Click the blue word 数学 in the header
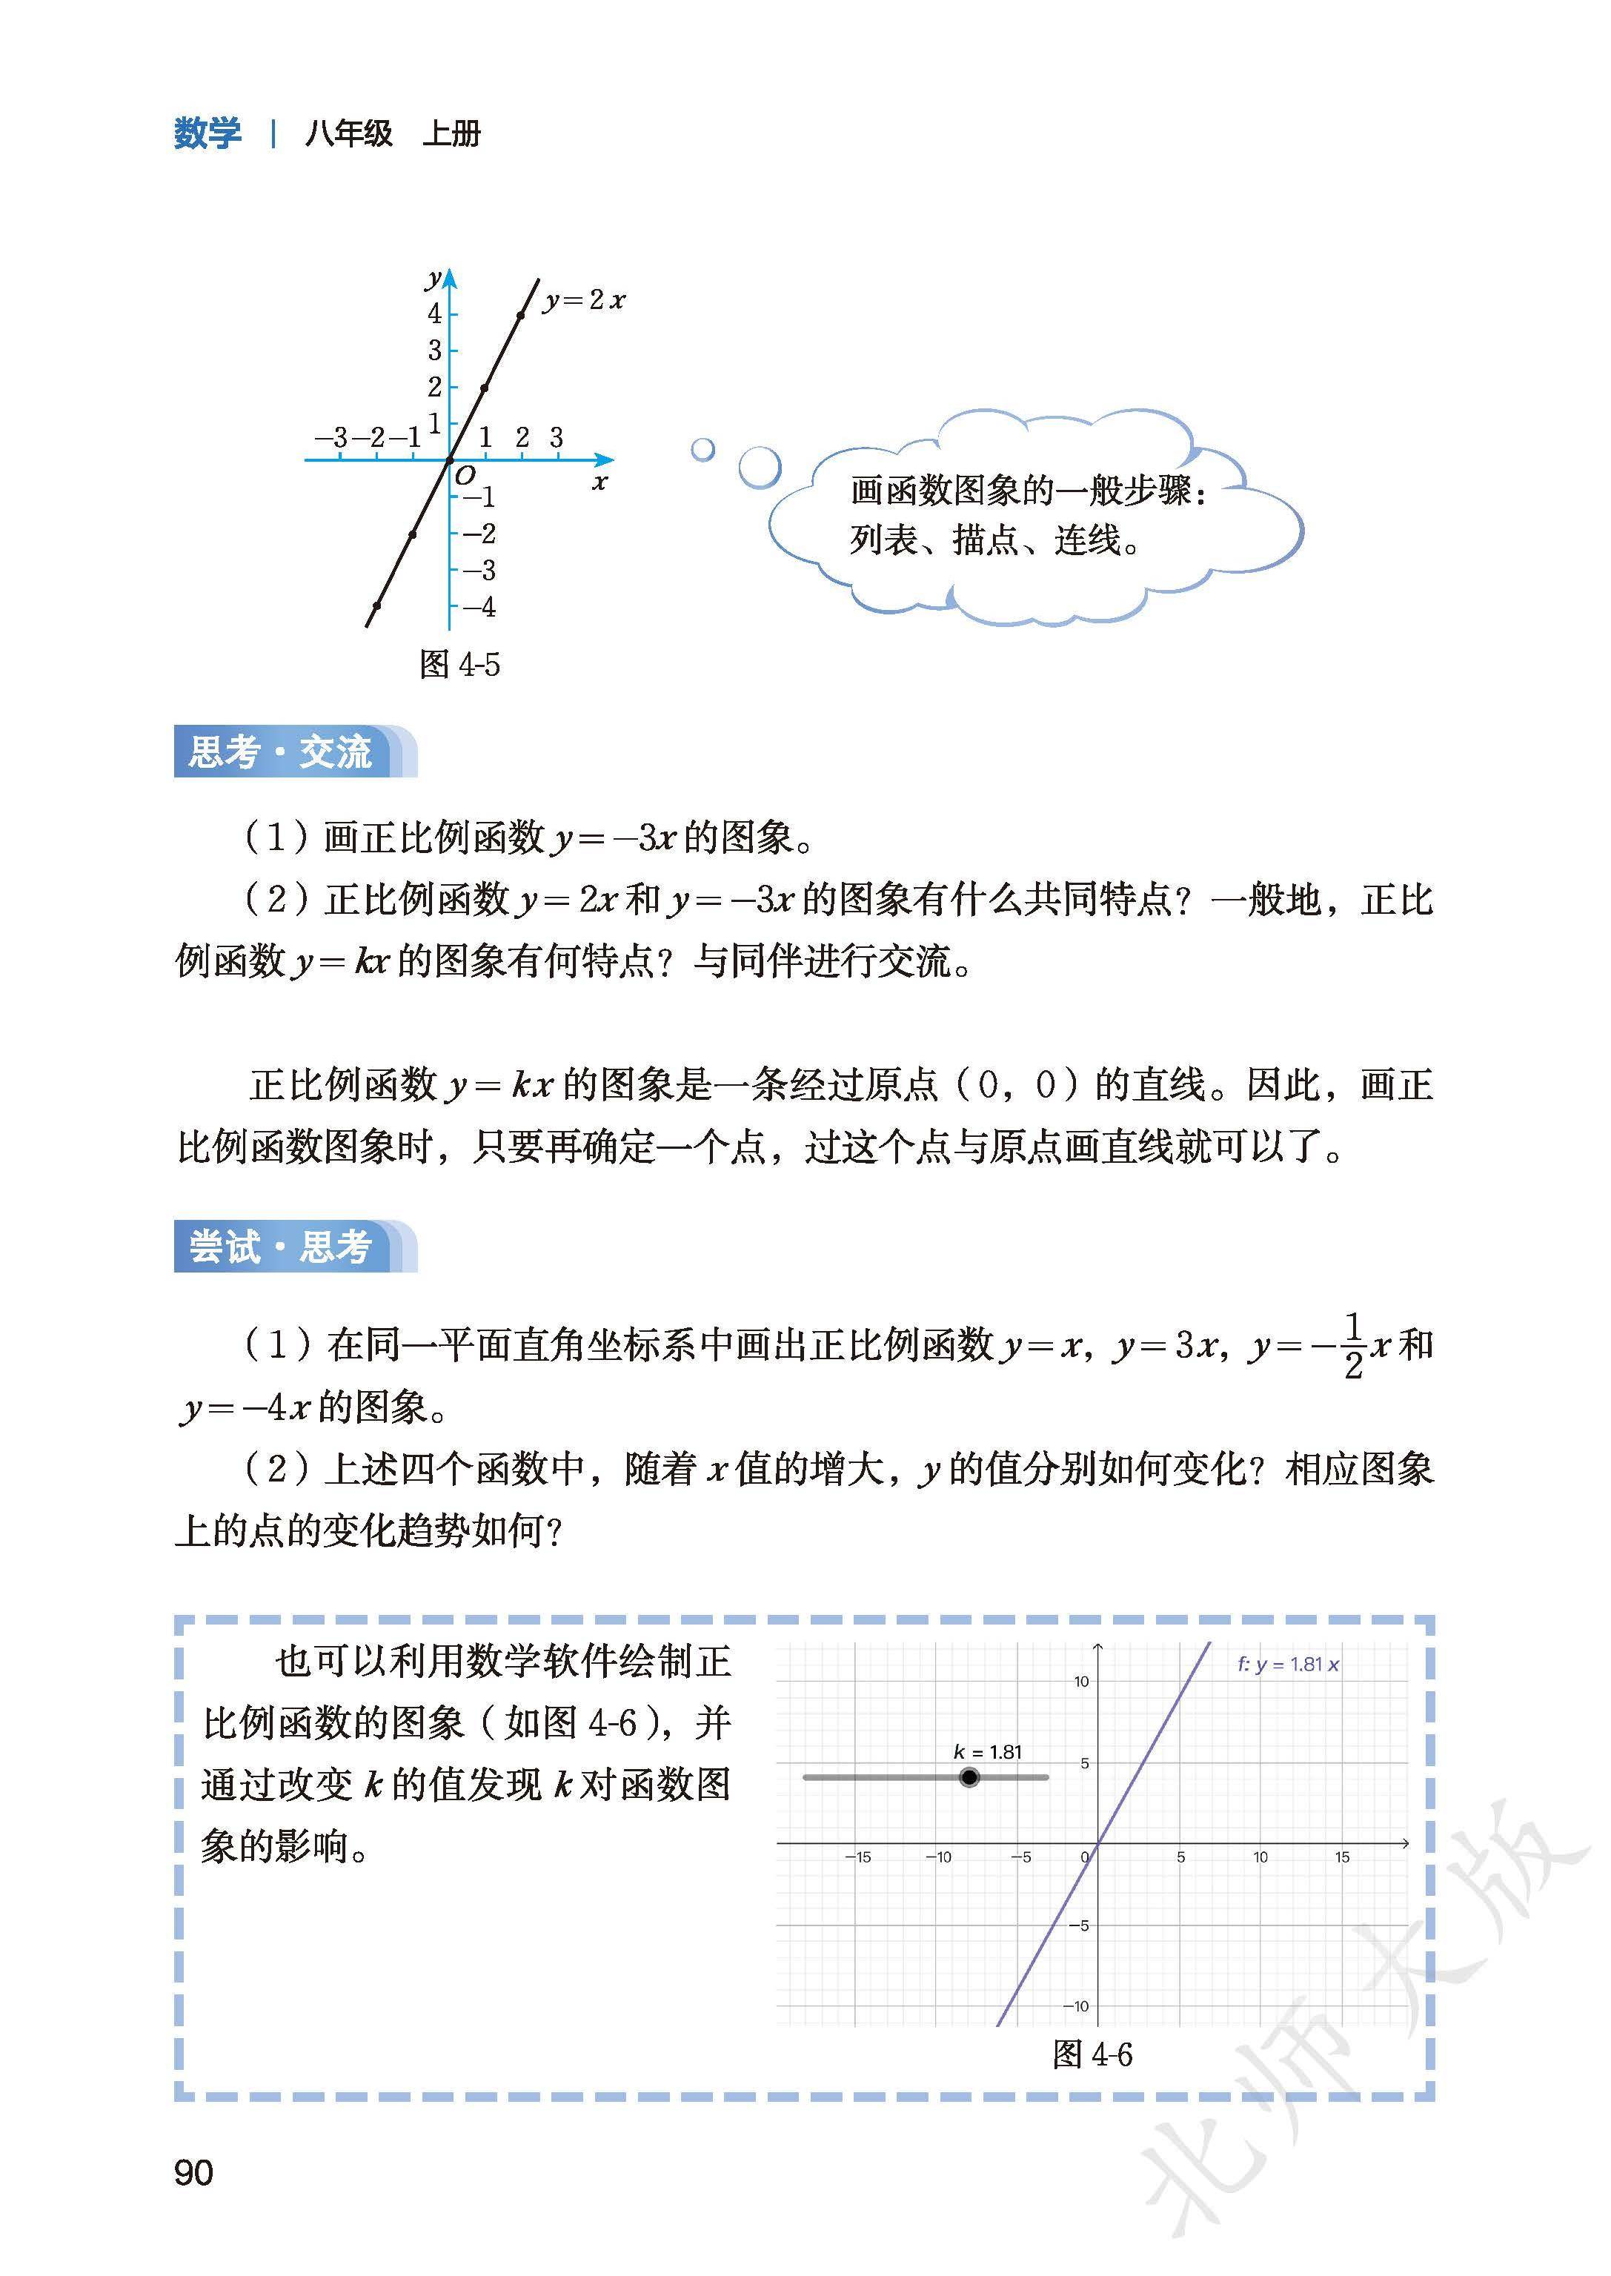(207, 133)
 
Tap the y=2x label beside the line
(584, 299)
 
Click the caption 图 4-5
(459, 664)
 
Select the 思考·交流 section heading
(281, 751)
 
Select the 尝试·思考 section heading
(281, 1246)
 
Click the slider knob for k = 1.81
(969, 1777)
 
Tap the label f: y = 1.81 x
(1288, 1665)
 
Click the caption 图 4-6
(1092, 2054)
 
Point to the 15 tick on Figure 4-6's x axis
(1341, 1857)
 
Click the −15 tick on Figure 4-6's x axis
(857, 1857)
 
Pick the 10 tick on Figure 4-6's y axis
(1081, 1682)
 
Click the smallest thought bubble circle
(702, 449)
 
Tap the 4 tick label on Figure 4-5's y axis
(434, 313)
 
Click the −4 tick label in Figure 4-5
(479, 607)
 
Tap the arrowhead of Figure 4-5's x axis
(605, 459)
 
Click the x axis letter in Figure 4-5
(599, 483)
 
